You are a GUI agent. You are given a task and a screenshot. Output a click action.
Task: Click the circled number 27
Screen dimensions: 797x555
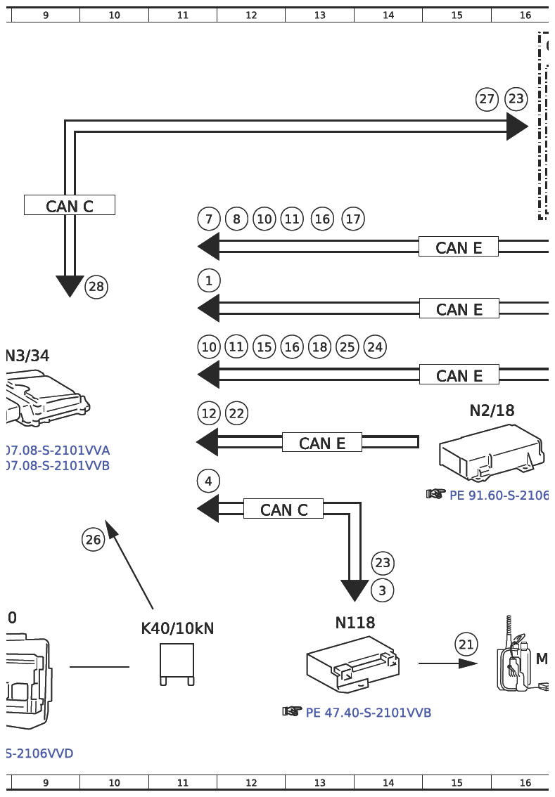(x=487, y=99)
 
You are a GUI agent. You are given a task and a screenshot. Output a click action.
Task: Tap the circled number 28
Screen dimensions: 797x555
(x=96, y=287)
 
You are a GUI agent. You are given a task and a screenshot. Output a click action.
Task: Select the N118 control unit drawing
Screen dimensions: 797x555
(x=353, y=663)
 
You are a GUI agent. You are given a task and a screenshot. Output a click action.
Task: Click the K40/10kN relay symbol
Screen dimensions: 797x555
(x=177, y=663)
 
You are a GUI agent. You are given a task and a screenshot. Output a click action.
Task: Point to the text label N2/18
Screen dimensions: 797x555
(x=492, y=410)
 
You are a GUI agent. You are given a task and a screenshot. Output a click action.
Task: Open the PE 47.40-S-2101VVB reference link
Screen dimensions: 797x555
(x=368, y=713)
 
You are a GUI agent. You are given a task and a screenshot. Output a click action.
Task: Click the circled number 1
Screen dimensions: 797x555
(x=209, y=281)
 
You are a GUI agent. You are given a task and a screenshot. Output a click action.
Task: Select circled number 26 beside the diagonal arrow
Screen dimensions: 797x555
(x=93, y=540)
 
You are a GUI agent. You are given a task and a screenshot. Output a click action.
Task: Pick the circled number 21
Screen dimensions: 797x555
(x=466, y=644)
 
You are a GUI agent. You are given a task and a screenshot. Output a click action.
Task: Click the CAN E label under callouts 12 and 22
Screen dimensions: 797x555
(x=322, y=443)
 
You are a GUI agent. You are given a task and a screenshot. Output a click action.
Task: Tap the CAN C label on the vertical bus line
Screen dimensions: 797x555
(x=70, y=206)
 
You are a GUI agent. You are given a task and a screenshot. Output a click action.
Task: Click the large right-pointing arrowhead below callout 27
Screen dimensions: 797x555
(x=517, y=127)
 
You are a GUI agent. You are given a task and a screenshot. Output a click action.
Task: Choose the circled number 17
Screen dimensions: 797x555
(x=353, y=219)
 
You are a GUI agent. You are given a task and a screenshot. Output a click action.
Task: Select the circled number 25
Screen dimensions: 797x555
(x=347, y=347)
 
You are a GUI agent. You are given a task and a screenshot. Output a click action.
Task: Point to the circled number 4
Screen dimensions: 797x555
(x=209, y=481)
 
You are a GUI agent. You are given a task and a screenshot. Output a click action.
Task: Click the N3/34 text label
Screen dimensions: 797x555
(x=28, y=356)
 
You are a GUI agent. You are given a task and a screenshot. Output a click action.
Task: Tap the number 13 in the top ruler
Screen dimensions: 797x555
(x=319, y=15)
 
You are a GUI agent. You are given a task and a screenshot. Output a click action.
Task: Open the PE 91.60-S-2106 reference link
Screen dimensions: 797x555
(x=498, y=495)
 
